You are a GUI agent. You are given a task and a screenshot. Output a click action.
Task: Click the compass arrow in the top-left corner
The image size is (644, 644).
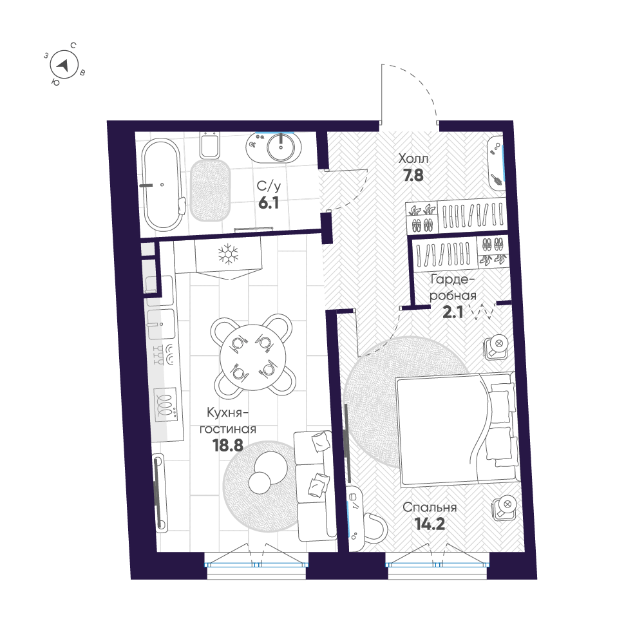63,64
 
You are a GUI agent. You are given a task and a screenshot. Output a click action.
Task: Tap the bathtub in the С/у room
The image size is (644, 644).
161,185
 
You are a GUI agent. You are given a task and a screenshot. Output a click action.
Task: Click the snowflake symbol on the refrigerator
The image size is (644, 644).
227,254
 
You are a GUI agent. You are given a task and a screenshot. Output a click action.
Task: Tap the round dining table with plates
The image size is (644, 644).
251,355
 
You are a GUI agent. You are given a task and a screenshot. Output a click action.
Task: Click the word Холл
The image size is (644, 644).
413,158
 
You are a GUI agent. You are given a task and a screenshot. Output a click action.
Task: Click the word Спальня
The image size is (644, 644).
430,507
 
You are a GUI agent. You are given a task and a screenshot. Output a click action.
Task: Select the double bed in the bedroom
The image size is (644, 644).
454,430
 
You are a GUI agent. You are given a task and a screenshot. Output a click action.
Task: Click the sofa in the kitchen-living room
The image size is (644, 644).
314,485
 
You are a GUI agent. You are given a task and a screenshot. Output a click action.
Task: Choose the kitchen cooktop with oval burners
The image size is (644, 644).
166,404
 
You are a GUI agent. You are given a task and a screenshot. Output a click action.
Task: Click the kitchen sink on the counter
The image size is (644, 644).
161,322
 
